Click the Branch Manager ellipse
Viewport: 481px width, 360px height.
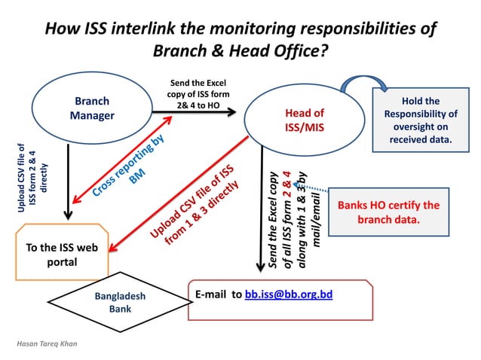pos(90,108)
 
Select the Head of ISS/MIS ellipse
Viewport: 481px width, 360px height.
pos(304,121)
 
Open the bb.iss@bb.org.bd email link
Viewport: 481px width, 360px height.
pos(289,294)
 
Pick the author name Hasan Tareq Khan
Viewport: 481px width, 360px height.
pos(47,343)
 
